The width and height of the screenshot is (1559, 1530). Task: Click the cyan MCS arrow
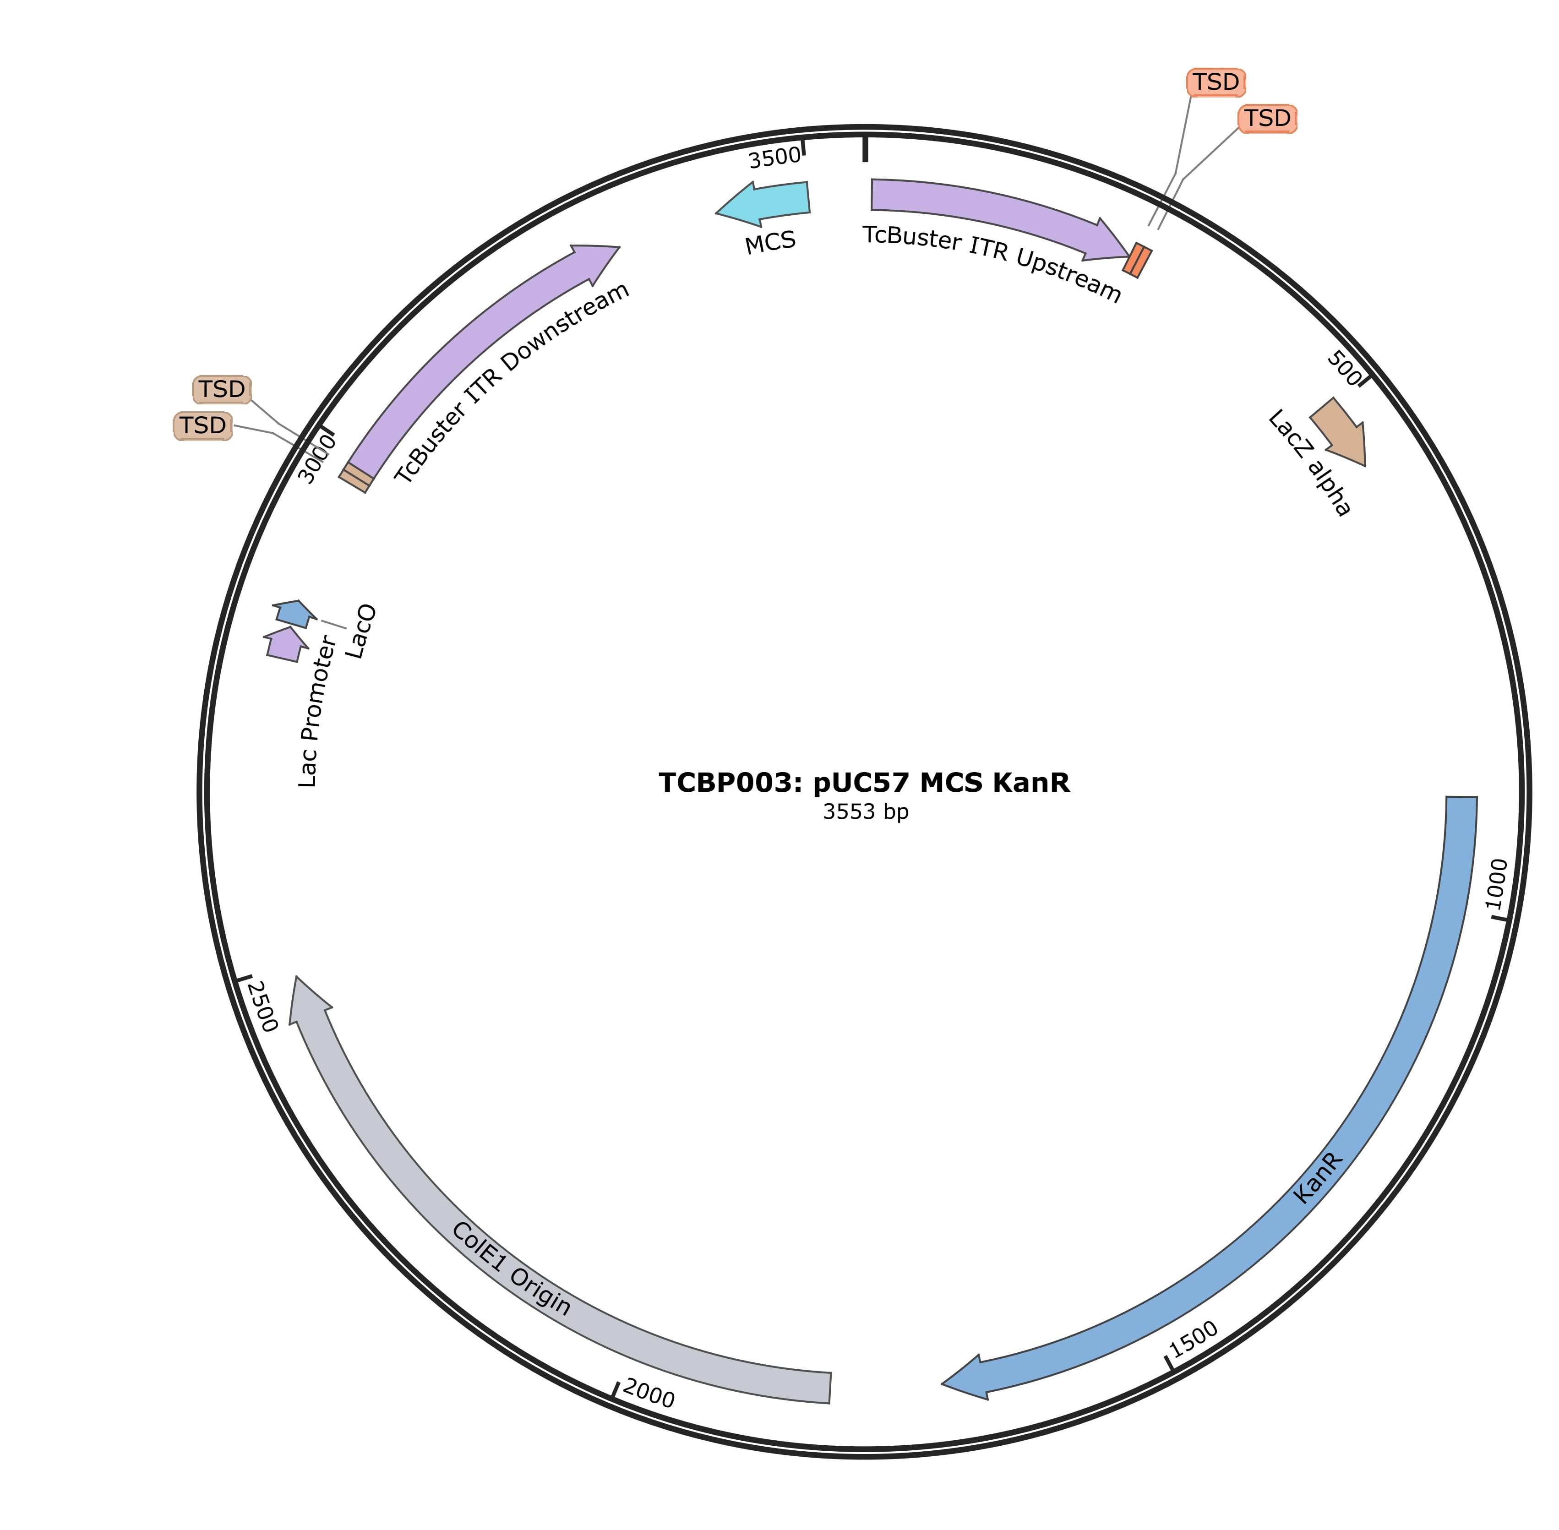click(768, 202)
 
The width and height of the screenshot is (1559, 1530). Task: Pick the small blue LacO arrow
click(293, 613)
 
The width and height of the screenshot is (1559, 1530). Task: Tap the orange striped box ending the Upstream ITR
click(1137, 261)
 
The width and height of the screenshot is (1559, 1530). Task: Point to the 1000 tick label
click(1496, 884)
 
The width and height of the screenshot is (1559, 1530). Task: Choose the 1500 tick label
click(1194, 1338)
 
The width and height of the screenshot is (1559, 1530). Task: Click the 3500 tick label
click(774, 158)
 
